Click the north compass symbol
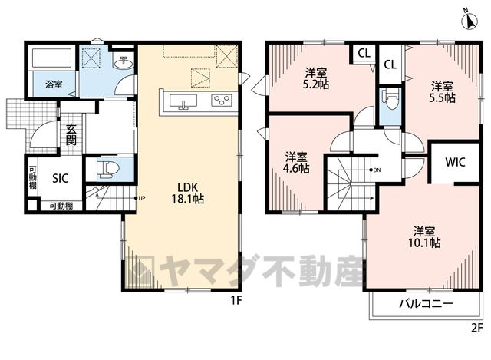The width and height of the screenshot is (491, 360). [x=470, y=21]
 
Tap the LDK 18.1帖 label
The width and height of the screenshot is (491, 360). [x=187, y=193]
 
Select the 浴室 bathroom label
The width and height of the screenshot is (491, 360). [x=54, y=84]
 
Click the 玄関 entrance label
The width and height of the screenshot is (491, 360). [x=71, y=135]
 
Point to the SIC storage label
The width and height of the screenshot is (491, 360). [x=60, y=178]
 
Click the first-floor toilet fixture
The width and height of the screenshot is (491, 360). [x=108, y=168]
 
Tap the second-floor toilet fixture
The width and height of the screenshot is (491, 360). [x=390, y=99]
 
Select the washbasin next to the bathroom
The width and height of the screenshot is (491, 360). [x=124, y=63]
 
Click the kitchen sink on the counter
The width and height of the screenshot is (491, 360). [x=183, y=102]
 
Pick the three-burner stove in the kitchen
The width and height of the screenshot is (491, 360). [x=222, y=101]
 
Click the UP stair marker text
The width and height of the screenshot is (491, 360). [x=142, y=198]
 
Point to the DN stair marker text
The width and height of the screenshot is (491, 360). [x=377, y=170]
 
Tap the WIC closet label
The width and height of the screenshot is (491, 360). [x=455, y=162]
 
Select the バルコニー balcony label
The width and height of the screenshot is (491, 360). [x=426, y=303]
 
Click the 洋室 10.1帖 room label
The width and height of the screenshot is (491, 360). [x=424, y=237]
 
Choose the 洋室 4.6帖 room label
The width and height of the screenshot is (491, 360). [x=296, y=163]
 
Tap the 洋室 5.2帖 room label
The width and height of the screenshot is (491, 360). [x=316, y=79]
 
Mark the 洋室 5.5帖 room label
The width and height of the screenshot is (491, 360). [x=442, y=92]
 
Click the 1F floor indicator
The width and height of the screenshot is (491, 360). [x=236, y=301]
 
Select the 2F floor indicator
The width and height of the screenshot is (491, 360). [x=477, y=328]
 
